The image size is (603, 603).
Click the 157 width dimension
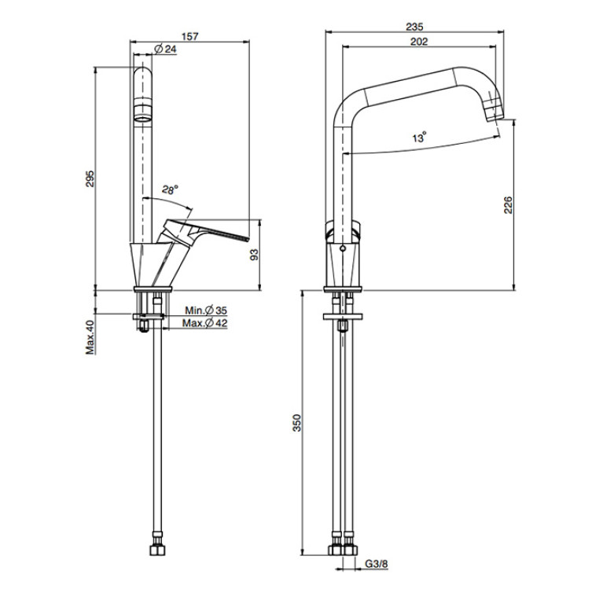point(190,36)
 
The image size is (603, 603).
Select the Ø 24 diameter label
point(165,49)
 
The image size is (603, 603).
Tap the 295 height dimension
point(89,178)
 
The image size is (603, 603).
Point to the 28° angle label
point(170,189)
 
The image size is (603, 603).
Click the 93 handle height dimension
point(254,255)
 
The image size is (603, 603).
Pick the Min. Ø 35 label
point(206,310)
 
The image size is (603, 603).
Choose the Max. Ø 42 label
point(205,323)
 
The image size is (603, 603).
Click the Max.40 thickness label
point(90,337)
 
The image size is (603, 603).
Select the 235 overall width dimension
point(414,27)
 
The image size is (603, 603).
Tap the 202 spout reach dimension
point(419,42)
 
